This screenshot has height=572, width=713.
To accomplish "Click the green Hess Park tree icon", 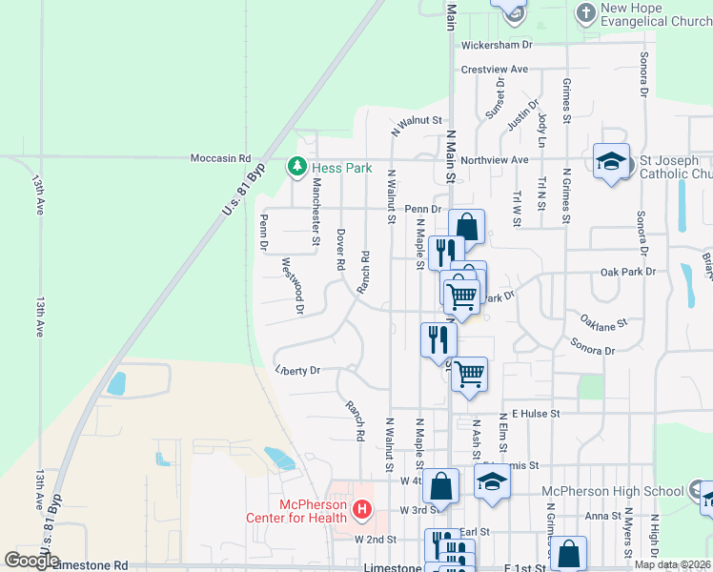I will click(x=297, y=169).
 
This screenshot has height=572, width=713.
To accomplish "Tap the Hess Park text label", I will click(x=344, y=169).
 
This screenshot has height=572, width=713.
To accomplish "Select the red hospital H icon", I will click(x=361, y=511).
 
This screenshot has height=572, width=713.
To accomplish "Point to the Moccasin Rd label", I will click(x=220, y=158).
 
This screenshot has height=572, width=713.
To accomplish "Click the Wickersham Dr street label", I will click(x=496, y=45).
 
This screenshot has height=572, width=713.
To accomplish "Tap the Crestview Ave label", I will click(x=494, y=70).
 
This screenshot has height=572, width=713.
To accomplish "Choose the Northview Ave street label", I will click(x=495, y=160).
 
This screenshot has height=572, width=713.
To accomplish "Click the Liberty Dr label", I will click(x=297, y=371).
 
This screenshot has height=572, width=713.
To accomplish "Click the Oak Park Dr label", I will click(x=628, y=272).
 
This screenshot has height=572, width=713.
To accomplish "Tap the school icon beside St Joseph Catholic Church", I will click(x=611, y=162).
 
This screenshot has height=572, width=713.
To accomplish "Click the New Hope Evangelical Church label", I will click(x=657, y=14).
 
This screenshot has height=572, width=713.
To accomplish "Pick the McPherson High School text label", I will click(x=612, y=491).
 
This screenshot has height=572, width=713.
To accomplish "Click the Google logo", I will click(x=31, y=561).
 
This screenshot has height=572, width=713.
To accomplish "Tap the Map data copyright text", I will click(x=672, y=564).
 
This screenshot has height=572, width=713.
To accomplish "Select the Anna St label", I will click(x=603, y=516).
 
